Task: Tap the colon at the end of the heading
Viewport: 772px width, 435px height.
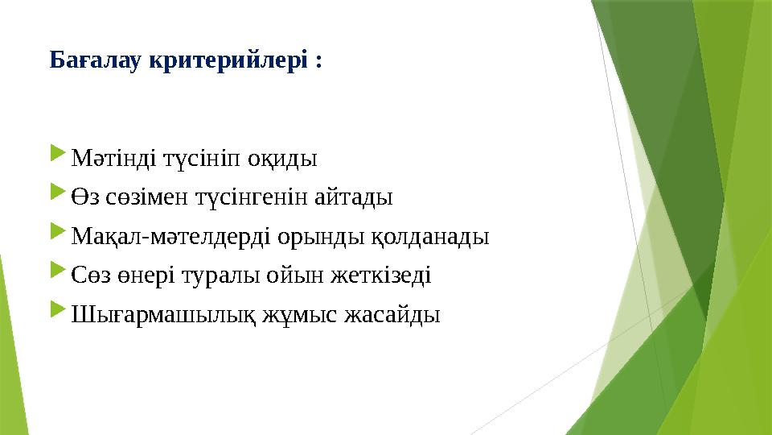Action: tap(319, 62)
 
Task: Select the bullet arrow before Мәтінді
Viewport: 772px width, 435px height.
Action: tap(57, 154)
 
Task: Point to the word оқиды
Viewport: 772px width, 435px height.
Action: tap(282, 156)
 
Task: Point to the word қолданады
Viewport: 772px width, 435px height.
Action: tap(429, 235)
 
